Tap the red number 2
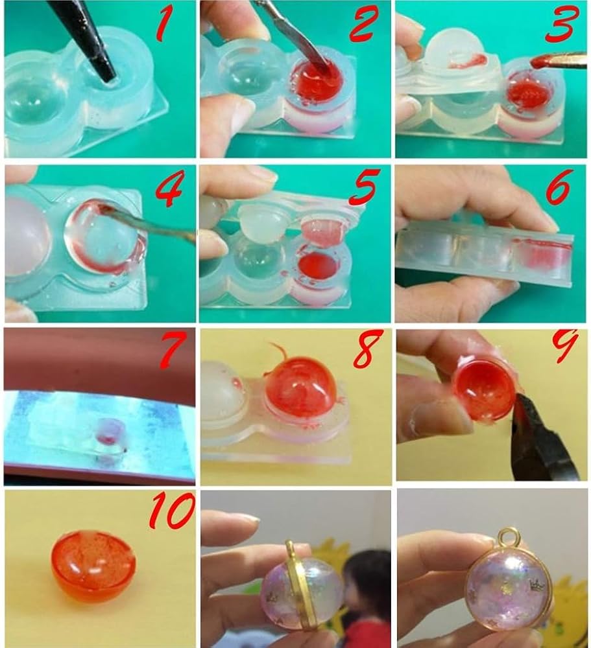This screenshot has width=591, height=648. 364,25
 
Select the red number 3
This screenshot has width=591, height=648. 562,25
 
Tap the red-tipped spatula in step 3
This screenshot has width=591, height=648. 559,60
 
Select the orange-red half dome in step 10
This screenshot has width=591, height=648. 93,566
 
